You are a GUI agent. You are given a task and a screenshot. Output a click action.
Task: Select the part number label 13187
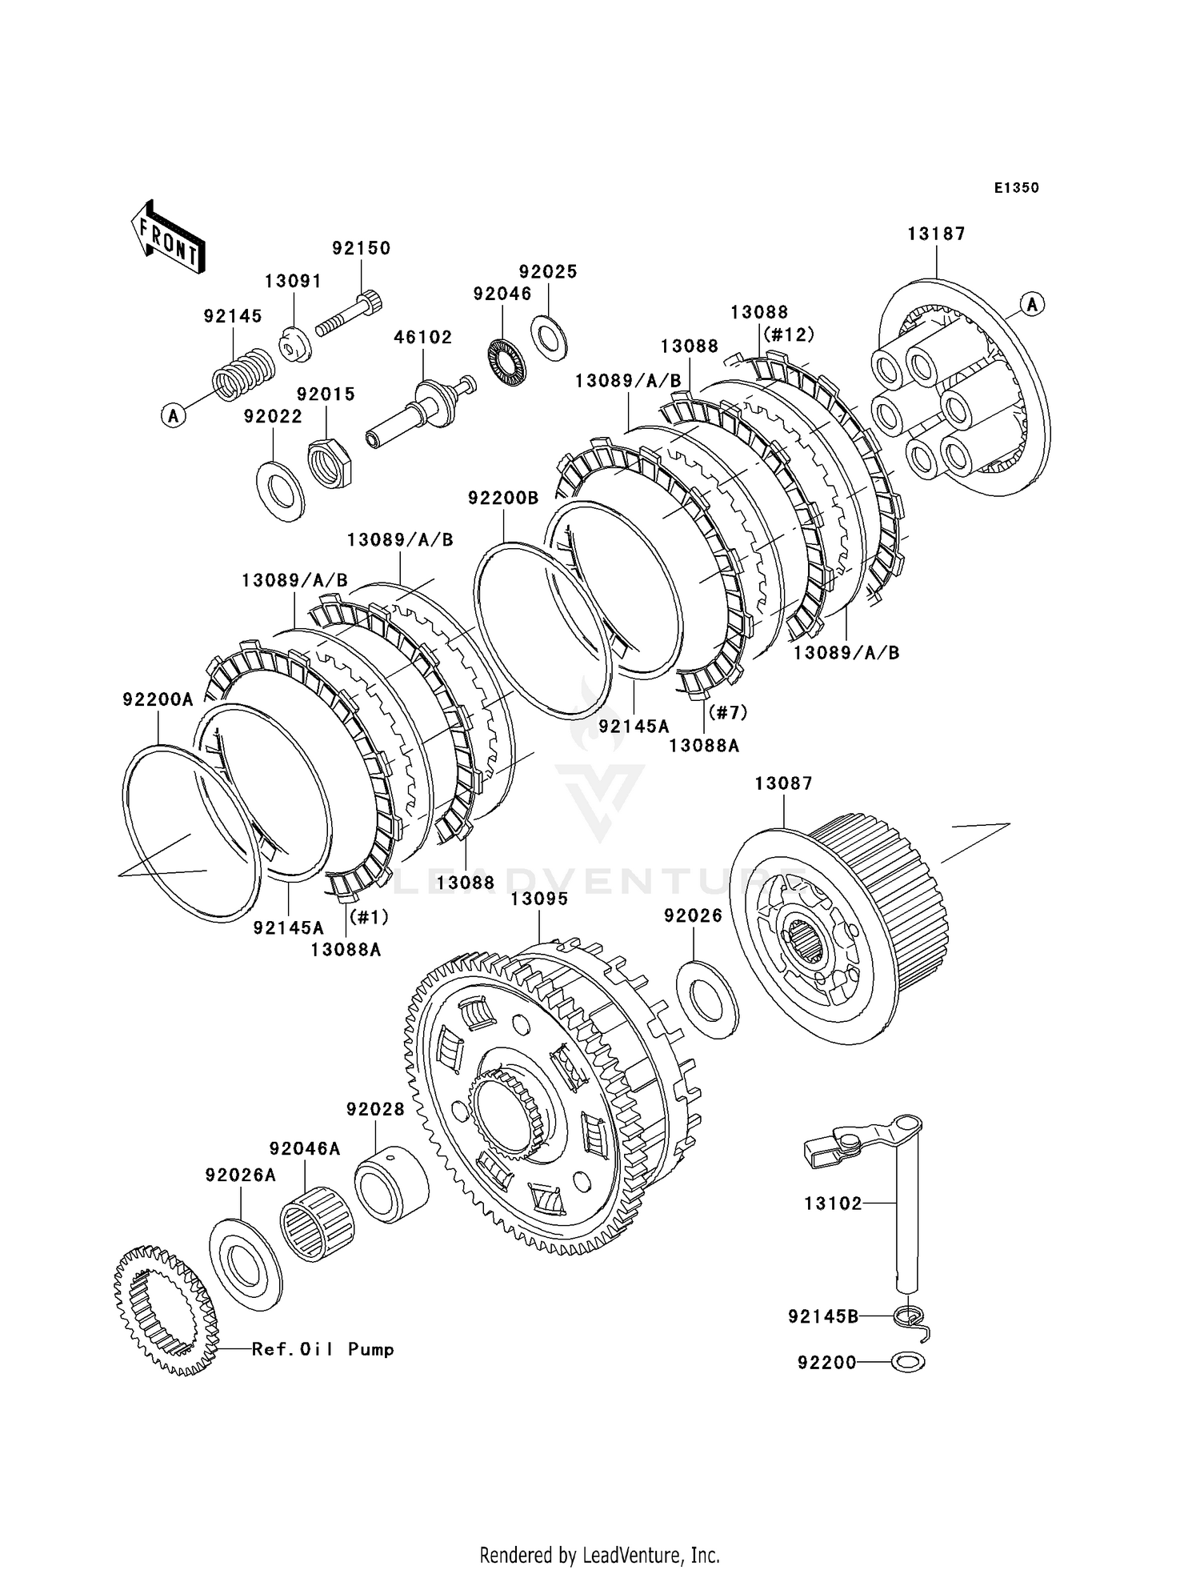[936, 234]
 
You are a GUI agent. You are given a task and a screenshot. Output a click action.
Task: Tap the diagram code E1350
[1016, 188]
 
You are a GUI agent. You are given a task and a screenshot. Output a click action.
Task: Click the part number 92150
[362, 248]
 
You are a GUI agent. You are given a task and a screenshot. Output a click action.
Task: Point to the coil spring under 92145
[242, 374]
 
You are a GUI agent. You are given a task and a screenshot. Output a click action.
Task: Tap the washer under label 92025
[549, 337]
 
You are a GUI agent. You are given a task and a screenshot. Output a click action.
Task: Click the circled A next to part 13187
[1032, 304]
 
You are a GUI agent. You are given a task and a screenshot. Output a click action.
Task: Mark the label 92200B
[503, 498]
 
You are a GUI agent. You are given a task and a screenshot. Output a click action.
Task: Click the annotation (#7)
[727, 711]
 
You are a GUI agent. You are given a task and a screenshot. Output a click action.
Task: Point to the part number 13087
[783, 783]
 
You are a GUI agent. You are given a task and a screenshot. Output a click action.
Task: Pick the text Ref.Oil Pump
[322, 1349]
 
